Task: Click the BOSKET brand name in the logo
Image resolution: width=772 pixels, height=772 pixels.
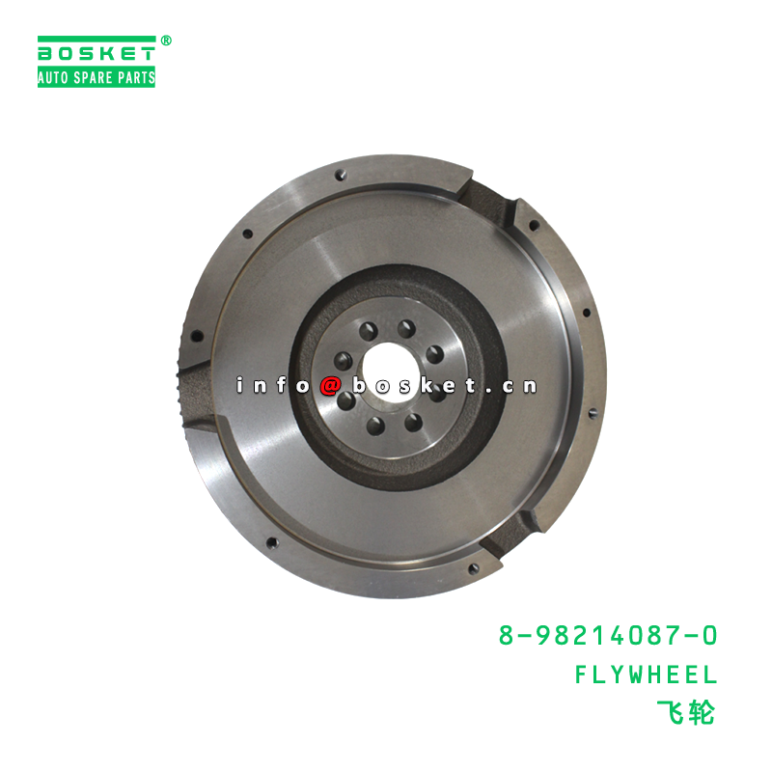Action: [x=96, y=53]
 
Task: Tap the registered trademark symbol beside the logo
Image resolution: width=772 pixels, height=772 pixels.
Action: [x=166, y=41]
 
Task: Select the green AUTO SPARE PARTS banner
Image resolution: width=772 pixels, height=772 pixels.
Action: [x=96, y=77]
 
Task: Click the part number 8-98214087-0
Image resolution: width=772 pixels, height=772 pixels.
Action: [x=608, y=636]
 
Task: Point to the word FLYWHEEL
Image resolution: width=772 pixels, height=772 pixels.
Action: [x=646, y=675]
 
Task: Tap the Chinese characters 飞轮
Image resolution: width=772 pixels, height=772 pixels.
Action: [x=685, y=713]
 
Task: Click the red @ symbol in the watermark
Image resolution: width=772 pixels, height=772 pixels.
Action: [x=329, y=385]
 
